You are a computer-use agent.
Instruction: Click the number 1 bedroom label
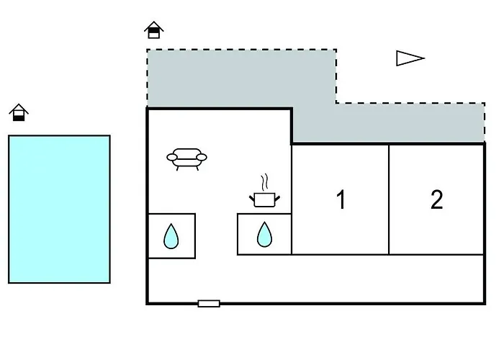click(341, 199)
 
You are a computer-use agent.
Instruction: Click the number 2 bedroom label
click(437, 199)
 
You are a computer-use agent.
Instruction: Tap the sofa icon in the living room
click(186, 159)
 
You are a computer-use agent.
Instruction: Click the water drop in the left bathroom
click(171, 236)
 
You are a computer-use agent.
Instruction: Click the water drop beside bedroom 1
click(264, 235)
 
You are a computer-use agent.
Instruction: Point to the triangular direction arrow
click(410, 58)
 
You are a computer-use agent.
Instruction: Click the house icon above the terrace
click(154, 30)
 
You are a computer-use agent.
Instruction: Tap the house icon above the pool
click(19, 112)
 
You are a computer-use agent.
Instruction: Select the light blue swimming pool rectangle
click(59, 210)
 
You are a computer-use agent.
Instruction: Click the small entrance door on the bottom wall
click(209, 303)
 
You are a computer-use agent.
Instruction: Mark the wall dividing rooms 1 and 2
click(389, 199)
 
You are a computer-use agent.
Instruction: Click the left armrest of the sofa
click(172, 157)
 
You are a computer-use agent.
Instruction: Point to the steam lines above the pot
click(264, 182)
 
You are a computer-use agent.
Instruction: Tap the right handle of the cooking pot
click(277, 199)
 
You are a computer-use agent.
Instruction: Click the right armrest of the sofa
click(202, 157)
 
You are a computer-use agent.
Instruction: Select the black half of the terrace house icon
click(154, 30)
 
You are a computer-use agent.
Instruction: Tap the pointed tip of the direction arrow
click(425, 58)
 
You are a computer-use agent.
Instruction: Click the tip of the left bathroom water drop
click(171, 224)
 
